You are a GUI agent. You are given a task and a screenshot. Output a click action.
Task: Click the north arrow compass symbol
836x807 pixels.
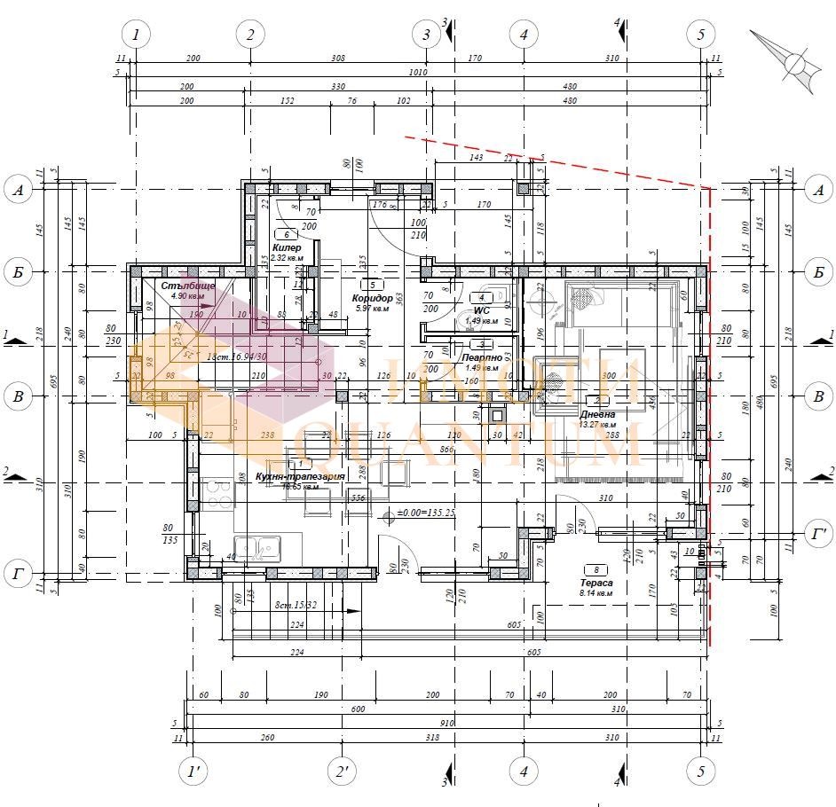click(793, 62)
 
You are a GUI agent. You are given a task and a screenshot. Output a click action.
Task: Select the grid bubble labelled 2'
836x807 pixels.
click(342, 772)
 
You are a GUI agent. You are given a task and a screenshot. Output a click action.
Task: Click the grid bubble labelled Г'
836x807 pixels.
click(818, 535)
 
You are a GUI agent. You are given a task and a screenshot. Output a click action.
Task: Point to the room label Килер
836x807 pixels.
click(287, 248)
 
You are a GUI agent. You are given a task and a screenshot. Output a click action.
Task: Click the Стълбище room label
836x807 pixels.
click(188, 286)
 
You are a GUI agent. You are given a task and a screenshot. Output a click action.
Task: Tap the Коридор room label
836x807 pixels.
click(372, 298)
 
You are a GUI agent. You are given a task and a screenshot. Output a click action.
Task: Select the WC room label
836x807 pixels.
click(482, 310)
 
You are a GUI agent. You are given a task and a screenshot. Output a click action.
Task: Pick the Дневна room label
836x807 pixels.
click(597, 414)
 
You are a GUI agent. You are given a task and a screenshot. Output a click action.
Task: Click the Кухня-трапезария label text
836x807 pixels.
click(299, 476)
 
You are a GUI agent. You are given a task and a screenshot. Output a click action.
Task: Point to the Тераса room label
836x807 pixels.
click(596, 583)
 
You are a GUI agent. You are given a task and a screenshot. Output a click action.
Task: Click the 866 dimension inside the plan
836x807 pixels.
click(446, 450)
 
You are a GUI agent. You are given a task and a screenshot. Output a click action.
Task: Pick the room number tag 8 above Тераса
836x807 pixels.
click(595, 570)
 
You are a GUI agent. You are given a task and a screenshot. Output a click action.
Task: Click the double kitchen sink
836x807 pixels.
click(257, 548)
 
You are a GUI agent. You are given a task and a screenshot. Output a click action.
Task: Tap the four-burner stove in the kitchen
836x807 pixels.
click(217, 494)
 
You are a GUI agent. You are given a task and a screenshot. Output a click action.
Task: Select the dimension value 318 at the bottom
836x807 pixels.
click(432, 737)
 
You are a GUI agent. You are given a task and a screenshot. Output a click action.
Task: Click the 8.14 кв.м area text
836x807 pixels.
click(596, 592)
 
